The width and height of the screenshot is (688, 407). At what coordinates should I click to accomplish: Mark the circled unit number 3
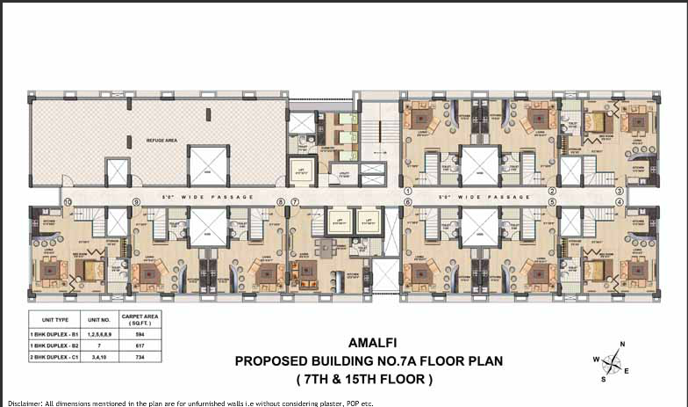coord(620,190)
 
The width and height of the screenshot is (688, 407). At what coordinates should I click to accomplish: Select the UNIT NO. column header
coord(94,321)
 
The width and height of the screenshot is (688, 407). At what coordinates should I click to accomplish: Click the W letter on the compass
coord(595,360)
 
